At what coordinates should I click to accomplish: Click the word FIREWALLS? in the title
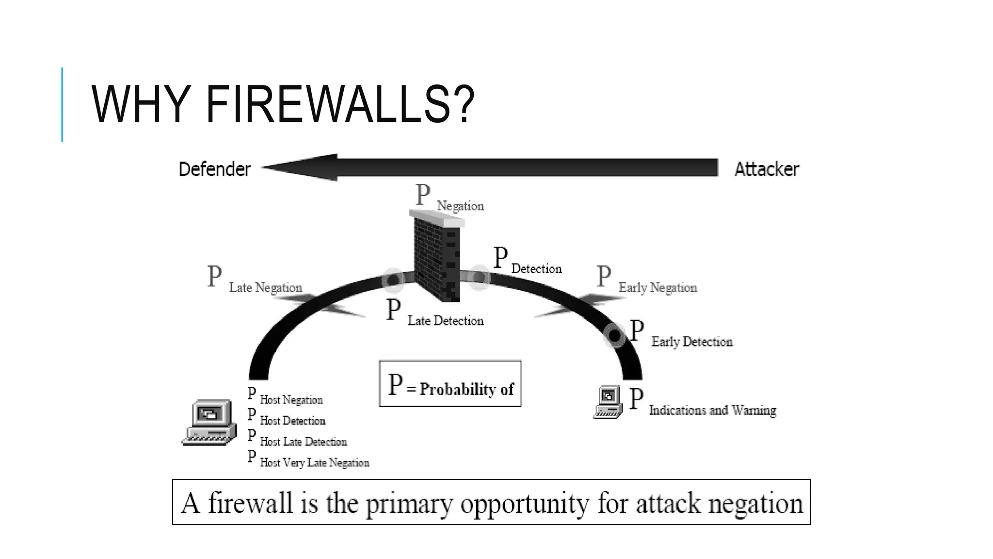pos(339,105)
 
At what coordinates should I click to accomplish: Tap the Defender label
pos(214,169)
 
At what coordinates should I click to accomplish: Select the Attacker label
pos(766,169)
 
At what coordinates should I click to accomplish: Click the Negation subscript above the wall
pos(460,206)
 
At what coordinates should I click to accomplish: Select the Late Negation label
pos(265,287)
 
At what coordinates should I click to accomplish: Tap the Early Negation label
pos(657,287)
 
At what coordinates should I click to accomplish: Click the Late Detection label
pos(445,321)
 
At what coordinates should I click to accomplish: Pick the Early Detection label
pos(691,342)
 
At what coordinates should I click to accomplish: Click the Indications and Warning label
pos(712,410)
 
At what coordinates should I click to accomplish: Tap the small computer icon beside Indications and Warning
pos(608,402)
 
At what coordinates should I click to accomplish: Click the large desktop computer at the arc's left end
pos(209,422)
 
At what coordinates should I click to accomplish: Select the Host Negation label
pos(291,400)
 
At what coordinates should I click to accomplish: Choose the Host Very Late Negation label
pos(314,462)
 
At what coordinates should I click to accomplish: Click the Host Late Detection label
pos(303,442)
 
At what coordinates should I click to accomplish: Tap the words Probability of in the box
pos(466,389)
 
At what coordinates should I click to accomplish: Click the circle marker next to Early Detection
pos(614,335)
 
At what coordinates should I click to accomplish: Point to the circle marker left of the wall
pos(393,280)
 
